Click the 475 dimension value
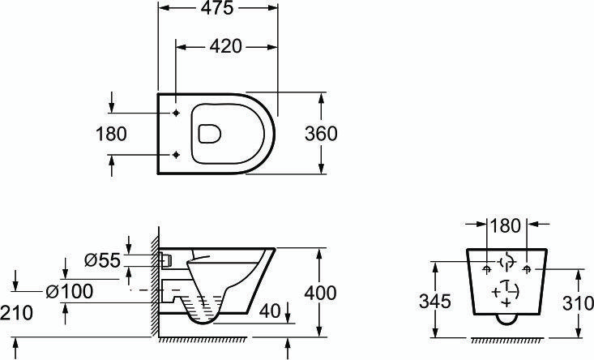pos(217,8)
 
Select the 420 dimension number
pos(226,46)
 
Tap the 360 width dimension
pos(321,134)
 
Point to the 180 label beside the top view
pos(111,134)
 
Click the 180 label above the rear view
pos(506,226)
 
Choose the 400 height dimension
pos(320,293)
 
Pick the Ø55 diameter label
pos(102,260)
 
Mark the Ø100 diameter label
pos(70,291)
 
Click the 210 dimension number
pos(17,313)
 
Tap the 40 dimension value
pos(270,311)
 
